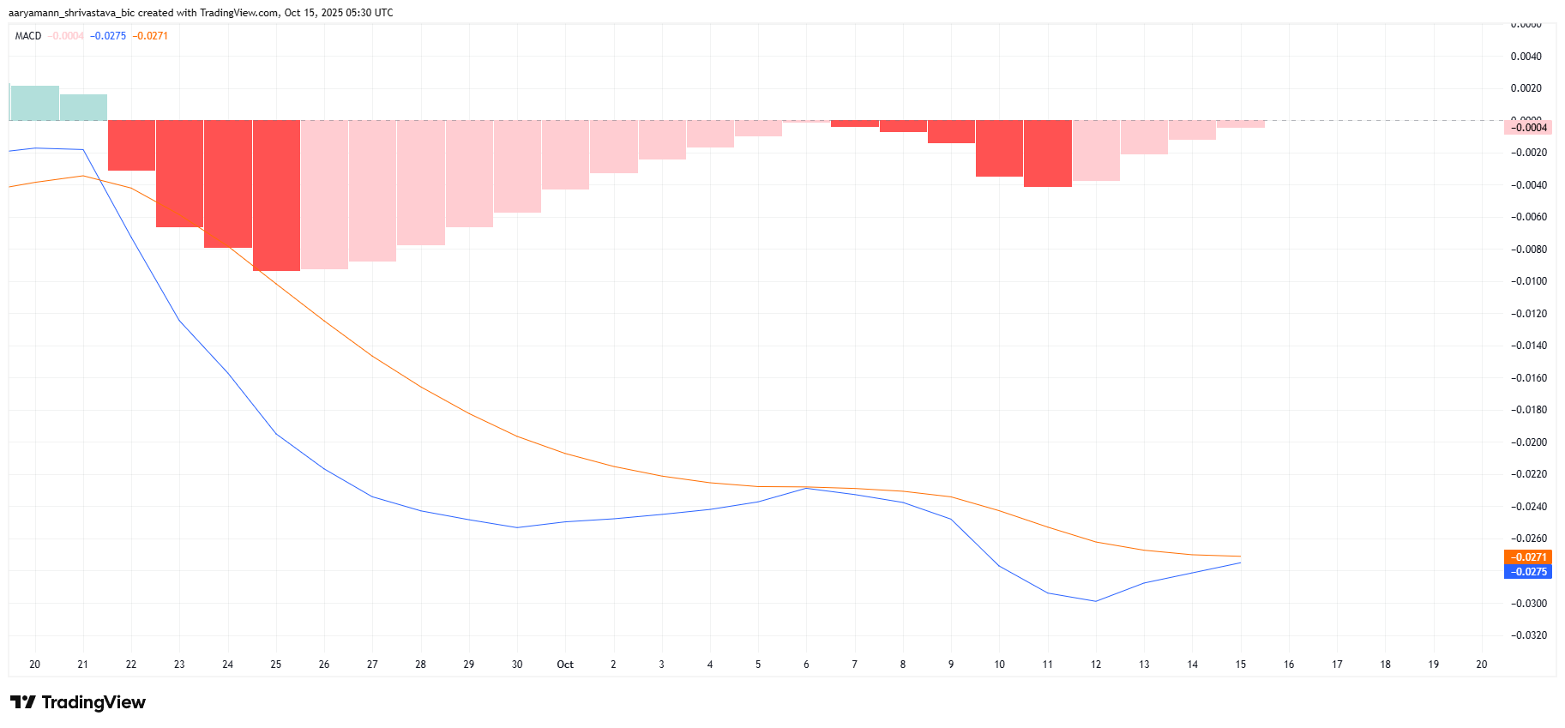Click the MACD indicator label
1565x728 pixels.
pyautogui.click(x=28, y=36)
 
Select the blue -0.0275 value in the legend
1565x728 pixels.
pyautogui.click(x=108, y=36)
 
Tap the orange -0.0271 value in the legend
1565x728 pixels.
pyautogui.click(x=150, y=36)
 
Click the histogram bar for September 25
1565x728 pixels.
pyautogui.click(x=276, y=196)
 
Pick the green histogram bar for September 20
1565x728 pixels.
pyautogui.click(x=34, y=103)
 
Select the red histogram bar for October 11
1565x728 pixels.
pyautogui.click(x=1048, y=153)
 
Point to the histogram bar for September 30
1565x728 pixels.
pyautogui.click(x=517, y=166)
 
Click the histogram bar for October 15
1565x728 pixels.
pyautogui.click(x=1241, y=124)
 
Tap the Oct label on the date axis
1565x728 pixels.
pyautogui.click(x=565, y=665)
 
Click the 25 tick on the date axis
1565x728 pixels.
pyautogui.click(x=276, y=665)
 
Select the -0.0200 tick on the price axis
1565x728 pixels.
pyautogui.click(x=1529, y=442)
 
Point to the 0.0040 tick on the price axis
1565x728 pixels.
pyautogui.click(x=1526, y=57)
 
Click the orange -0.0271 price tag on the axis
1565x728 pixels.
pyautogui.click(x=1528, y=557)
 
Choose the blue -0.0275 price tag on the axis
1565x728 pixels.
pyautogui.click(x=1528, y=572)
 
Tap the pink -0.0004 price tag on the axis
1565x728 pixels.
pyautogui.click(x=1528, y=128)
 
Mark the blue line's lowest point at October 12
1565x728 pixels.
pyautogui.click(x=1096, y=601)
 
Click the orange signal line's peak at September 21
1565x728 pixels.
pyautogui.click(x=82, y=176)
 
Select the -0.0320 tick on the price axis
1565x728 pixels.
pyautogui.click(x=1529, y=635)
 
